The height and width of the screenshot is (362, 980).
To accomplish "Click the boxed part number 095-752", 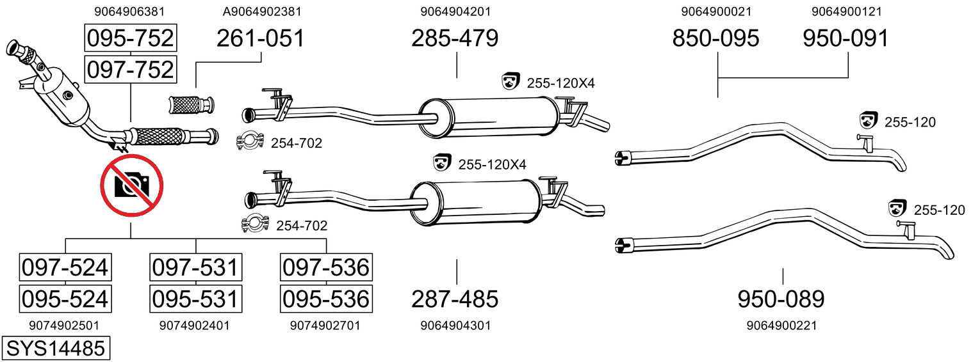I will (x=130, y=38).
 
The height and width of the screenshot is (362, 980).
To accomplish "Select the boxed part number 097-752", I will (x=130, y=68).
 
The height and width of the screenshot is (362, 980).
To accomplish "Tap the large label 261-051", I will (x=260, y=38).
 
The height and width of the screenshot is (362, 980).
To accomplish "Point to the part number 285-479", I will (x=455, y=38).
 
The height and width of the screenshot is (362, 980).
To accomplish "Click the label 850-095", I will (x=715, y=38).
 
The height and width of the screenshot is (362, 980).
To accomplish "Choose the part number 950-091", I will (x=846, y=38).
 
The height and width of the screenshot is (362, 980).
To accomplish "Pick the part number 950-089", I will (x=781, y=299).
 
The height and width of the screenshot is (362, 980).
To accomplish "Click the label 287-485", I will (x=455, y=299).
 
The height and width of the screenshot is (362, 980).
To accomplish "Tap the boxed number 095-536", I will (x=326, y=299).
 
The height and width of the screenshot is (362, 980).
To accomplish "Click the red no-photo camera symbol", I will (x=131, y=186).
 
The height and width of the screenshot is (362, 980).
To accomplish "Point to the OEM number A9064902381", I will (x=262, y=12).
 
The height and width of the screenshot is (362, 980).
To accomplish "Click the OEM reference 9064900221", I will (x=781, y=326).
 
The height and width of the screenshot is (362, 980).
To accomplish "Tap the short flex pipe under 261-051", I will (x=191, y=104).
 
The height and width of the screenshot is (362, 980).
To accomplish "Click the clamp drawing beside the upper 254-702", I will (x=250, y=143).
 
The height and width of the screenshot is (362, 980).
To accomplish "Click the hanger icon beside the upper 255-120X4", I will (x=510, y=82).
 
